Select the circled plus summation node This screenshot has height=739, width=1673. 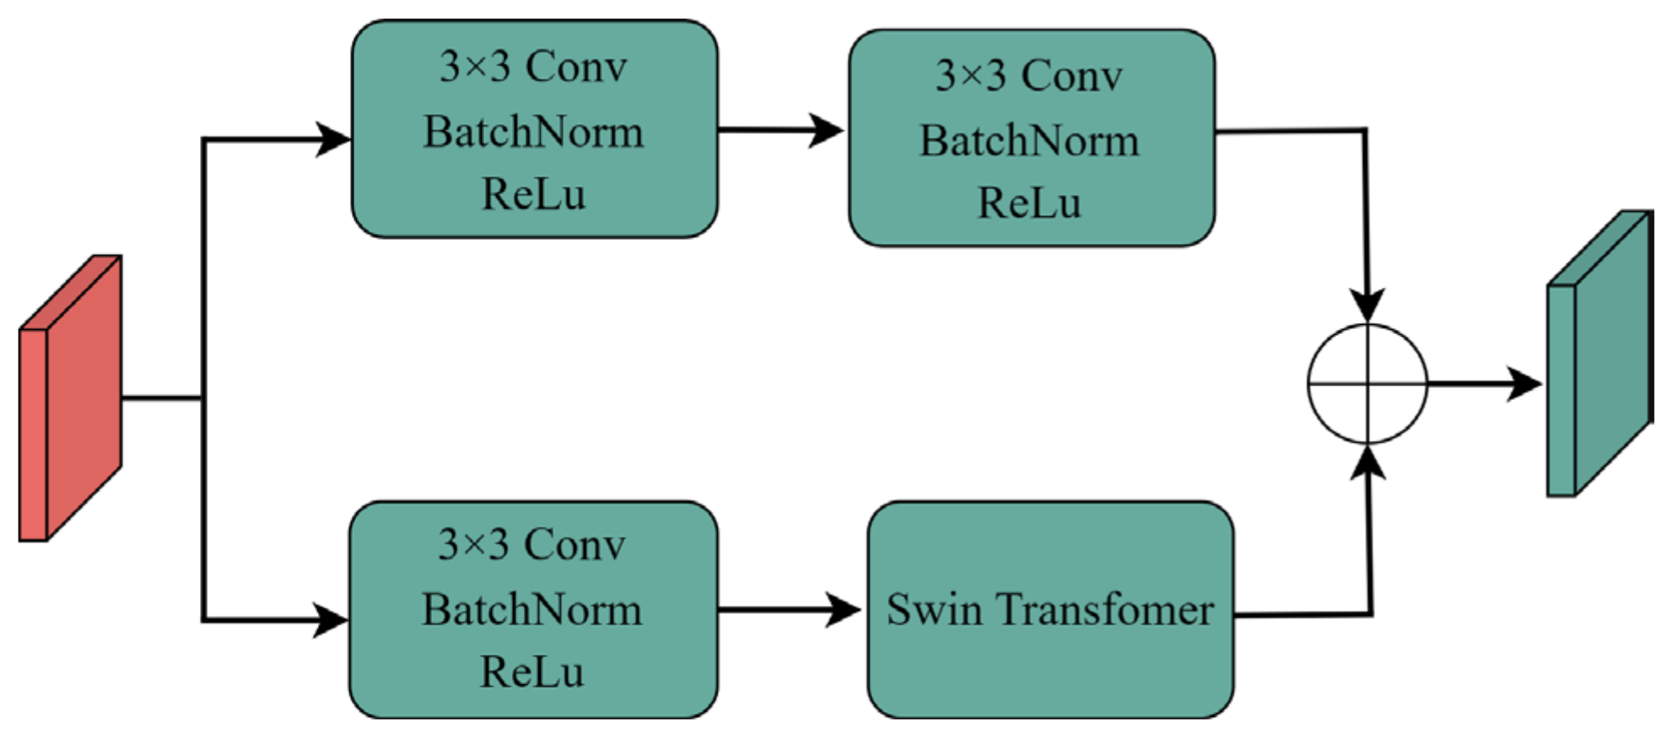point(1367,384)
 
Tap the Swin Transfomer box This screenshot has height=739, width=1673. point(1050,666)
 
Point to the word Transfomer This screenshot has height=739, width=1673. point(1105,609)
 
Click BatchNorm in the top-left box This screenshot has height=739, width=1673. point(533,132)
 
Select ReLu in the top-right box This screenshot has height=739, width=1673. point(1029,203)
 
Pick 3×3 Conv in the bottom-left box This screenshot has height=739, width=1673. point(532,545)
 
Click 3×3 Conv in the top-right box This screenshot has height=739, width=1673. point(1029,76)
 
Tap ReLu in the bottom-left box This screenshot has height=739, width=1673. point(532,672)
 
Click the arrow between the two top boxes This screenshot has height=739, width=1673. point(780,130)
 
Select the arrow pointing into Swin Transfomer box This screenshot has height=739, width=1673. point(789,609)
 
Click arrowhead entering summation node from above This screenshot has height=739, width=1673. point(1367,304)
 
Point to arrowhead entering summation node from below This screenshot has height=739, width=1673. point(1368,464)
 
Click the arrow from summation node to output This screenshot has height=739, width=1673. point(1485,384)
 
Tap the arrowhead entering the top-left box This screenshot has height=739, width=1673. point(333,139)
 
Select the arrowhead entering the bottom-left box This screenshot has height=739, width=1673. point(331,620)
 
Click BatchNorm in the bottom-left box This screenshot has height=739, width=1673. point(532,610)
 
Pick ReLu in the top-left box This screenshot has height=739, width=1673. point(533,195)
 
